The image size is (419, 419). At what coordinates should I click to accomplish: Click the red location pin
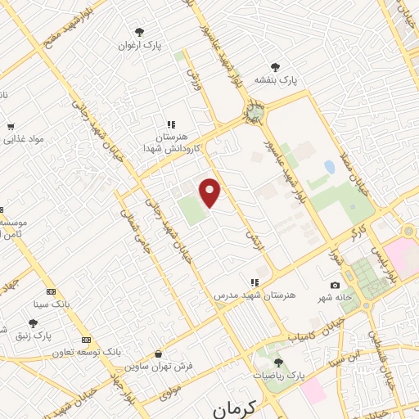coord(210,192)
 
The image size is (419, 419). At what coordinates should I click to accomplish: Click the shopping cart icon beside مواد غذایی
coord(10,126)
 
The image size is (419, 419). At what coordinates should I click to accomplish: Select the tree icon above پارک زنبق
coord(33,323)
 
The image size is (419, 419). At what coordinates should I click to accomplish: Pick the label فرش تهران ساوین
coord(164,367)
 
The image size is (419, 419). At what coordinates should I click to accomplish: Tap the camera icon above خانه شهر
coord(335,285)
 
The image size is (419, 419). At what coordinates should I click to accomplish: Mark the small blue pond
coord(329,167)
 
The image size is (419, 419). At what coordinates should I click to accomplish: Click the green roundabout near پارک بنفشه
coord(256,112)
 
